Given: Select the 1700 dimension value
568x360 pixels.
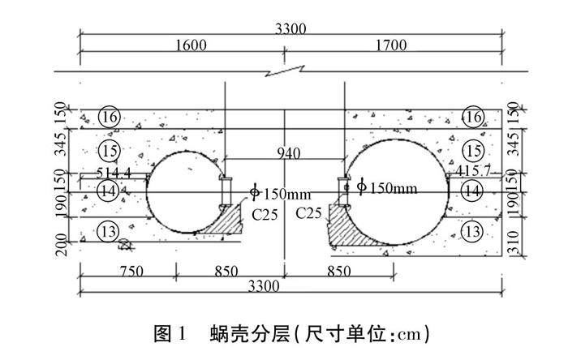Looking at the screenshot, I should (x=391, y=46).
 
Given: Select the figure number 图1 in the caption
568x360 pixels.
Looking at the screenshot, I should (x=170, y=332).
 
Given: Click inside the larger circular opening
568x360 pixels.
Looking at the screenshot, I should (x=398, y=191).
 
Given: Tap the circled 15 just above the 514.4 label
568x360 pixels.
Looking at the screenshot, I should (x=110, y=150).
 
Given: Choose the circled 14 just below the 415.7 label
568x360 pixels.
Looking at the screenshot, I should (x=471, y=191).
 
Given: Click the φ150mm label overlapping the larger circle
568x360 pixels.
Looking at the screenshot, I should (x=386, y=188).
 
